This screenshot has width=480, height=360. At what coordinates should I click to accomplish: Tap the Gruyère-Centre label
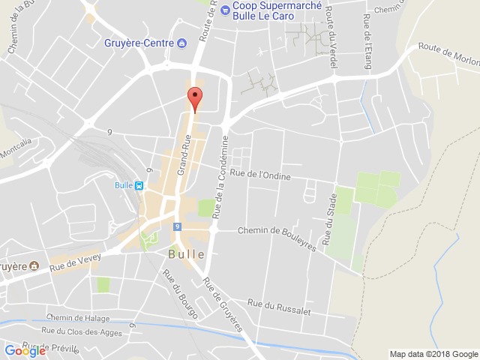tap(139, 43)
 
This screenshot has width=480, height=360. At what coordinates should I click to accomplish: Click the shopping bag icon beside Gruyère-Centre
tap(182, 43)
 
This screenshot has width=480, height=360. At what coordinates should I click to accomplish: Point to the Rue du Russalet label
tap(280, 304)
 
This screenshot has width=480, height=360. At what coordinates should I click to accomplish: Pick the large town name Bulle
tap(186, 254)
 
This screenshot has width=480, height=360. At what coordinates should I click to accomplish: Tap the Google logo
tap(25, 350)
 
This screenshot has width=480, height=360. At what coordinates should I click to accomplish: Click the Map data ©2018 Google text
tap(433, 354)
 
